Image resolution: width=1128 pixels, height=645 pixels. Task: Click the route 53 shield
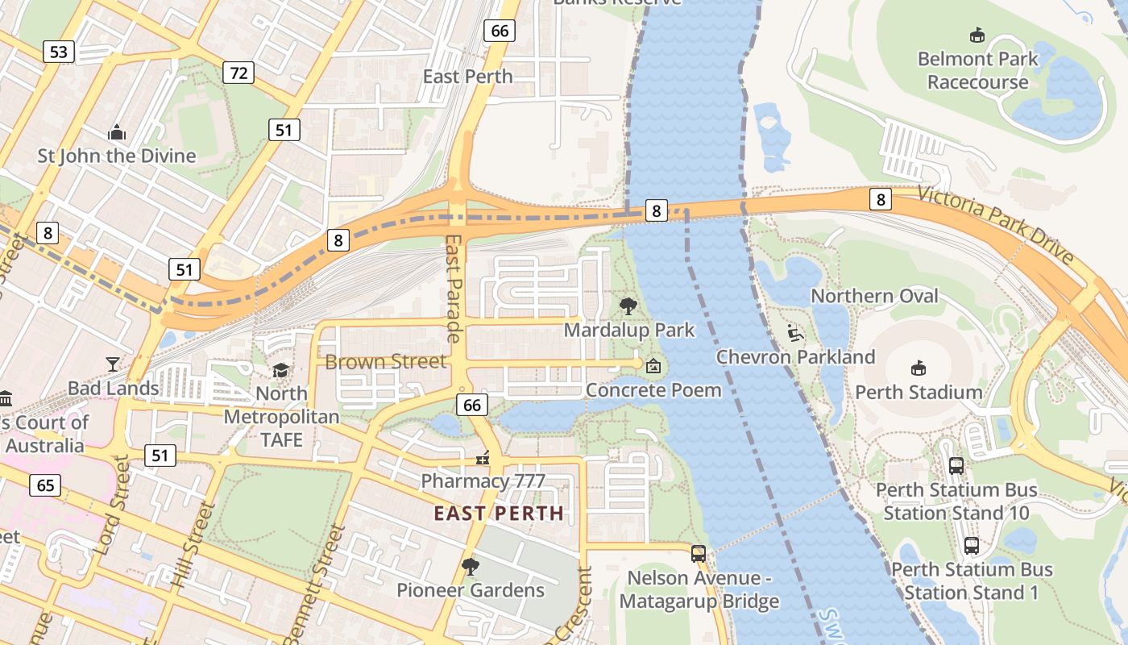click(x=59, y=52)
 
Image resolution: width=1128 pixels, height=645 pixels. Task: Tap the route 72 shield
click(x=238, y=73)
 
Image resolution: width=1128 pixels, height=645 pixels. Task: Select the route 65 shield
click(x=45, y=485)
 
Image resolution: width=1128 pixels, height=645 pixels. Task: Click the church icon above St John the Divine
click(x=117, y=132)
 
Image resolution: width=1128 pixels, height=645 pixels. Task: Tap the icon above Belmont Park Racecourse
click(x=977, y=35)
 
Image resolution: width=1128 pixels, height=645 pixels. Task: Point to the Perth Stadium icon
click(x=918, y=368)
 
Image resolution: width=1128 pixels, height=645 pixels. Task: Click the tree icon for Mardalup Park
click(x=628, y=306)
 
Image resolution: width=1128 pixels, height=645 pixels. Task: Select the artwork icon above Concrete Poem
click(x=653, y=367)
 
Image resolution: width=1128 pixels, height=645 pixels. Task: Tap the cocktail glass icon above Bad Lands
click(x=113, y=364)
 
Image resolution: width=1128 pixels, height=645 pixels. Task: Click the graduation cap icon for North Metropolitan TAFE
click(x=280, y=370)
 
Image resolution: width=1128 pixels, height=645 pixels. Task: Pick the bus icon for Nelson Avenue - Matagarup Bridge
click(x=699, y=554)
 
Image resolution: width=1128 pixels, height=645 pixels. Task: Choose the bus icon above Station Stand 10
click(x=956, y=465)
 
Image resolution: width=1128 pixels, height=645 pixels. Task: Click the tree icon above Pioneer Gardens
click(x=470, y=567)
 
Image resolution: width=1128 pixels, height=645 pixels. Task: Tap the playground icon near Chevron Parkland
click(x=794, y=332)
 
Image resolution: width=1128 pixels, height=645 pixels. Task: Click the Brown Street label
click(x=385, y=361)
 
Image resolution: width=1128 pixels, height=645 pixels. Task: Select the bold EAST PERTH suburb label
click(x=499, y=513)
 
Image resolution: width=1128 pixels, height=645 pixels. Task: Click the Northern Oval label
click(x=874, y=296)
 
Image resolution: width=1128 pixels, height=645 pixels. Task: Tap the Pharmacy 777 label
click(x=483, y=481)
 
